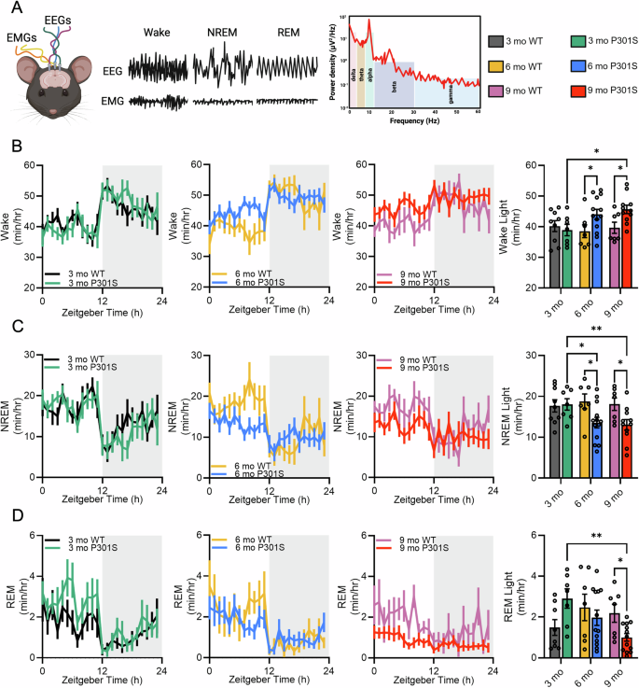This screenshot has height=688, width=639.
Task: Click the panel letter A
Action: pos(8,8)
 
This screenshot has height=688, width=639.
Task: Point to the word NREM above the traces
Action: pos(224,33)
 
